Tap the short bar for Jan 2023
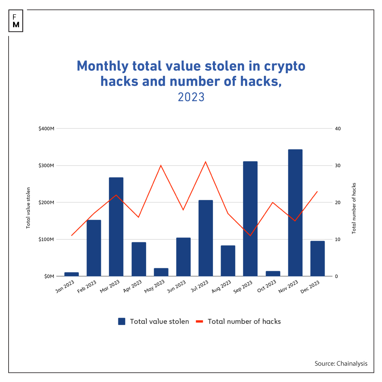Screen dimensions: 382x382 coord(71,274)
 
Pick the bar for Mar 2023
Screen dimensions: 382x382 coord(116,227)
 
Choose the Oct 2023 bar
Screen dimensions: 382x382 coord(273,273)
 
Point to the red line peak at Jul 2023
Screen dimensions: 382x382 coord(206,162)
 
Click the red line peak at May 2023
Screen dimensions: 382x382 coord(161,166)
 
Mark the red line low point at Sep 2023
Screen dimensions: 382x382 coord(250,236)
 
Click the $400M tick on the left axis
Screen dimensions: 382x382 coord(46,129)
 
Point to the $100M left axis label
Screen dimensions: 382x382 coord(46,239)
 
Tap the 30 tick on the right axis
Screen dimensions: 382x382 coord(338,166)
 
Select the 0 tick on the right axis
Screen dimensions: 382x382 coord(336,276)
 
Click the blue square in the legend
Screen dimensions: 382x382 coord(122,322)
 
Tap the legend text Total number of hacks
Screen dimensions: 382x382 coord(244,322)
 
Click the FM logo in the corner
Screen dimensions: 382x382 coord(16,21)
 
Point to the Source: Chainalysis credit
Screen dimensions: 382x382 coord(341,364)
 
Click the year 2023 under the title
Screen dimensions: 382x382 coord(191,97)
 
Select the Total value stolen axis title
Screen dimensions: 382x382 coord(28,208)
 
